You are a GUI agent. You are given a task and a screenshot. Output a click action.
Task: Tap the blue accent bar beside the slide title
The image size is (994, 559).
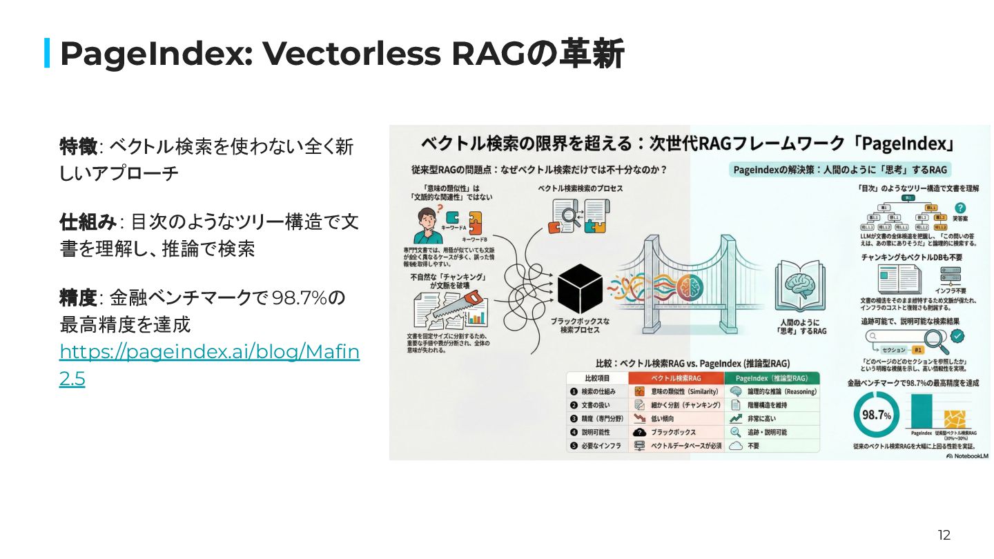coord(47,53)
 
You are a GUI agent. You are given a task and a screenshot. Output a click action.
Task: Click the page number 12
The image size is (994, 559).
coord(944,535)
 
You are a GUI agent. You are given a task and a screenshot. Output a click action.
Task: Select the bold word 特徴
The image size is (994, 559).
coord(78,146)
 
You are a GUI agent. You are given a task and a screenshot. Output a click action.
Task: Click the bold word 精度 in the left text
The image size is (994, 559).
coord(78,298)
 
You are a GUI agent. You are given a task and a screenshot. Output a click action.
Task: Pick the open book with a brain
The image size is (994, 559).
coord(799,284)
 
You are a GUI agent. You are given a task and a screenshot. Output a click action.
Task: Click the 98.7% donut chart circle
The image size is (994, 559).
coord(877,415)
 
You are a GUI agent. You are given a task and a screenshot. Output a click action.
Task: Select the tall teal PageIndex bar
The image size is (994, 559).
coord(922,412)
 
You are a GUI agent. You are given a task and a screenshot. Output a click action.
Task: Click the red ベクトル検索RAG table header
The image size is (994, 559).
coord(676,378)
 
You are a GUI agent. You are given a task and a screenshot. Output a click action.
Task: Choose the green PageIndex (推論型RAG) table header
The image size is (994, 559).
coord(771,378)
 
